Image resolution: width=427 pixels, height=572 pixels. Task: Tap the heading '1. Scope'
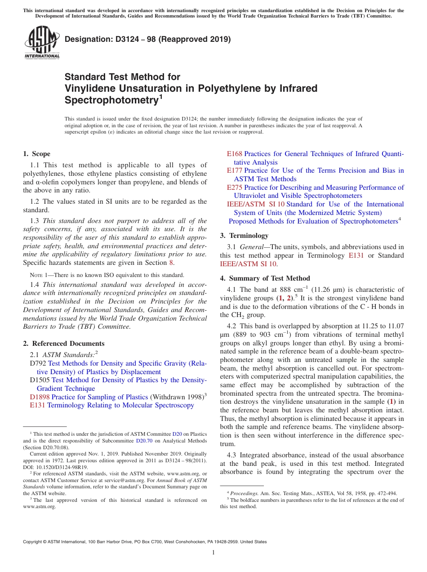[36, 154]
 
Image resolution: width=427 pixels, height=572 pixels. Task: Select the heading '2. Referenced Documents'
[63, 344]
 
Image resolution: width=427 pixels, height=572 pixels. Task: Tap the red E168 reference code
[234, 154]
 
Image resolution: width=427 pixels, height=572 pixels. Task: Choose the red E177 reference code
[234, 170]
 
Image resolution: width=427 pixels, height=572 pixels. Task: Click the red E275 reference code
[234, 188]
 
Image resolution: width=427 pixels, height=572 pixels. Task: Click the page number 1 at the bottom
[213, 553]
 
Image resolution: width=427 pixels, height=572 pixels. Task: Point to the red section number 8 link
[171, 263]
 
